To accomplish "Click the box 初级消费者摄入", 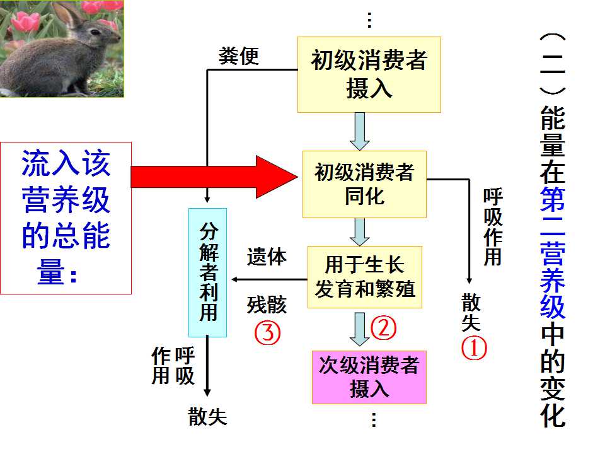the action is click(x=369, y=74).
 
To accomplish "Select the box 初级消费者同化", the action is click(x=364, y=184).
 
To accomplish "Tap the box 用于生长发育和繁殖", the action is click(x=365, y=277).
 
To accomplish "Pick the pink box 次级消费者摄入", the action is click(x=369, y=377).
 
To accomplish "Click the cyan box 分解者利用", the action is click(x=207, y=272).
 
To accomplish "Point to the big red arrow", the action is click(x=214, y=177).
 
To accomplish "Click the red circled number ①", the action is click(x=474, y=348).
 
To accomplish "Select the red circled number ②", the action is click(x=384, y=328).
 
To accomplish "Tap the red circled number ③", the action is click(x=267, y=333).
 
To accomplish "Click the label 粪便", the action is click(x=239, y=56).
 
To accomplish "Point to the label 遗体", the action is click(x=267, y=257).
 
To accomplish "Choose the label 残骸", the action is click(x=267, y=305).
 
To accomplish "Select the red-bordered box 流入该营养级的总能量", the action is click(x=66, y=218).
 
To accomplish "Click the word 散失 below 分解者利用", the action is click(x=207, y=417).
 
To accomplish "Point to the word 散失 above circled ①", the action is click(x=471, y=312).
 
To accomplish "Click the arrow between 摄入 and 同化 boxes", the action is click(x=360, y=132).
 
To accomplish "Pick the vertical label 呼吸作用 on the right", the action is click(x=493, y=227).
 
